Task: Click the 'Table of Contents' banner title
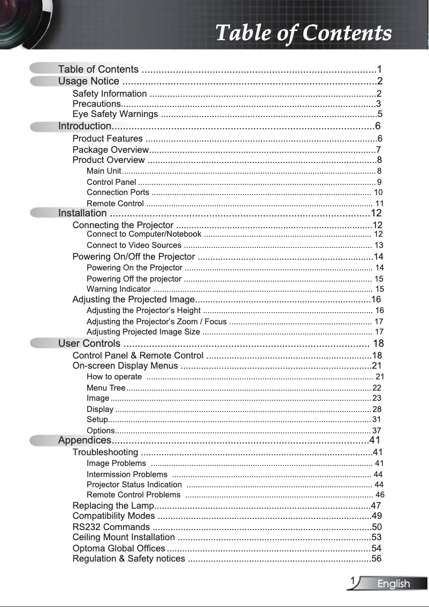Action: pos(303,33)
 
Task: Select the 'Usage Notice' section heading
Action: pos(89,81)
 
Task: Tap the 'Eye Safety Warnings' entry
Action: pos(115,114)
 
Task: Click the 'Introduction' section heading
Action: pos(85,126)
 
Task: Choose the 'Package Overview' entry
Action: pos(110,149)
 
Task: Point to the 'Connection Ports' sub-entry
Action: pos(118,192)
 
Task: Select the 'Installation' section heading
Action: pos(82,213)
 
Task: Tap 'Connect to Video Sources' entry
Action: pos(134,245)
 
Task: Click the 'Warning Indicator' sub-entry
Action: pos(118,289)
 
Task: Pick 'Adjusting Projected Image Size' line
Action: pos(143,332)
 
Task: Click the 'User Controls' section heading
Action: pos(89,343)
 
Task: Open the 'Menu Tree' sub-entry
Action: pos(106,388)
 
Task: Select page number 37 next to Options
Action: pos(377,431)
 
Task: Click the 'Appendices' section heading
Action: pos(85,440)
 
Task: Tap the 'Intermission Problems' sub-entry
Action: pos(127,474)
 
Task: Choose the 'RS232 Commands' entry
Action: pos(111,527)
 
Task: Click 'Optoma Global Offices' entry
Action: pos(119,548)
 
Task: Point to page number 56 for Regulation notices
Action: pos(377,559)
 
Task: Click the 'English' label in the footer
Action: pos(394,584)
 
